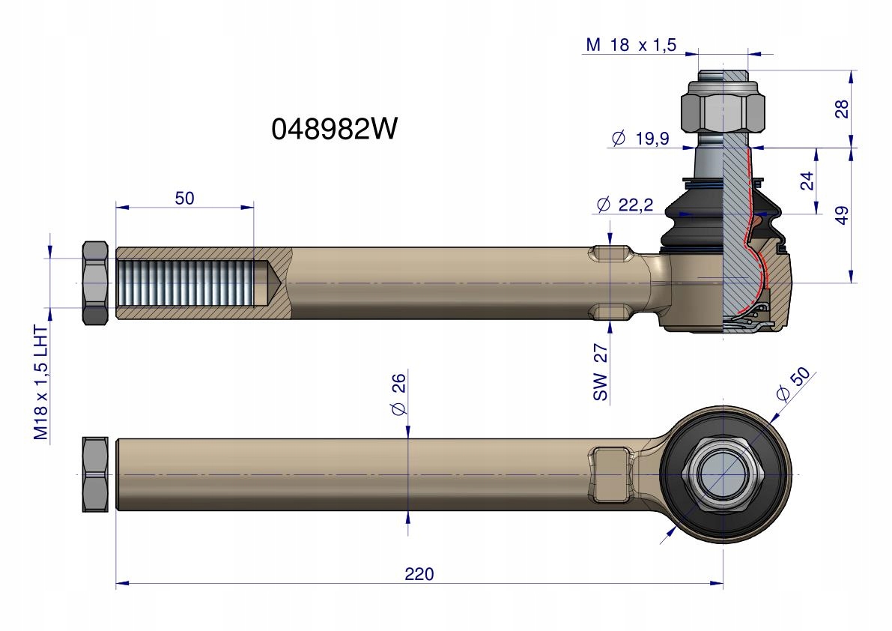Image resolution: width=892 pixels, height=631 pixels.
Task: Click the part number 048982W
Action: [335, 129]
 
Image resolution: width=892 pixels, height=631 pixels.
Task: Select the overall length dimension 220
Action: [419, 573]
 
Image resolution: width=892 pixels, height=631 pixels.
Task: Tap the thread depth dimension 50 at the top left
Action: [184, 198]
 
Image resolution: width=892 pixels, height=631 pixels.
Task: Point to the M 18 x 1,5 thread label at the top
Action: [631, 44]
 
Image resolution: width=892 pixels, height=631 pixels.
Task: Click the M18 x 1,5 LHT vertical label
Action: [41, 382]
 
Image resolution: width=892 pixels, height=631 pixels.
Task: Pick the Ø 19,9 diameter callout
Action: [640, 138]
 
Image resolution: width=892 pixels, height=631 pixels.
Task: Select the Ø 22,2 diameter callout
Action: [625, 205]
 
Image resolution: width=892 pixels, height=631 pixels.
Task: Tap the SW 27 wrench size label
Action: [601, 372]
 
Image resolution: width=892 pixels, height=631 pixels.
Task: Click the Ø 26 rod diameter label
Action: [398, 394]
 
